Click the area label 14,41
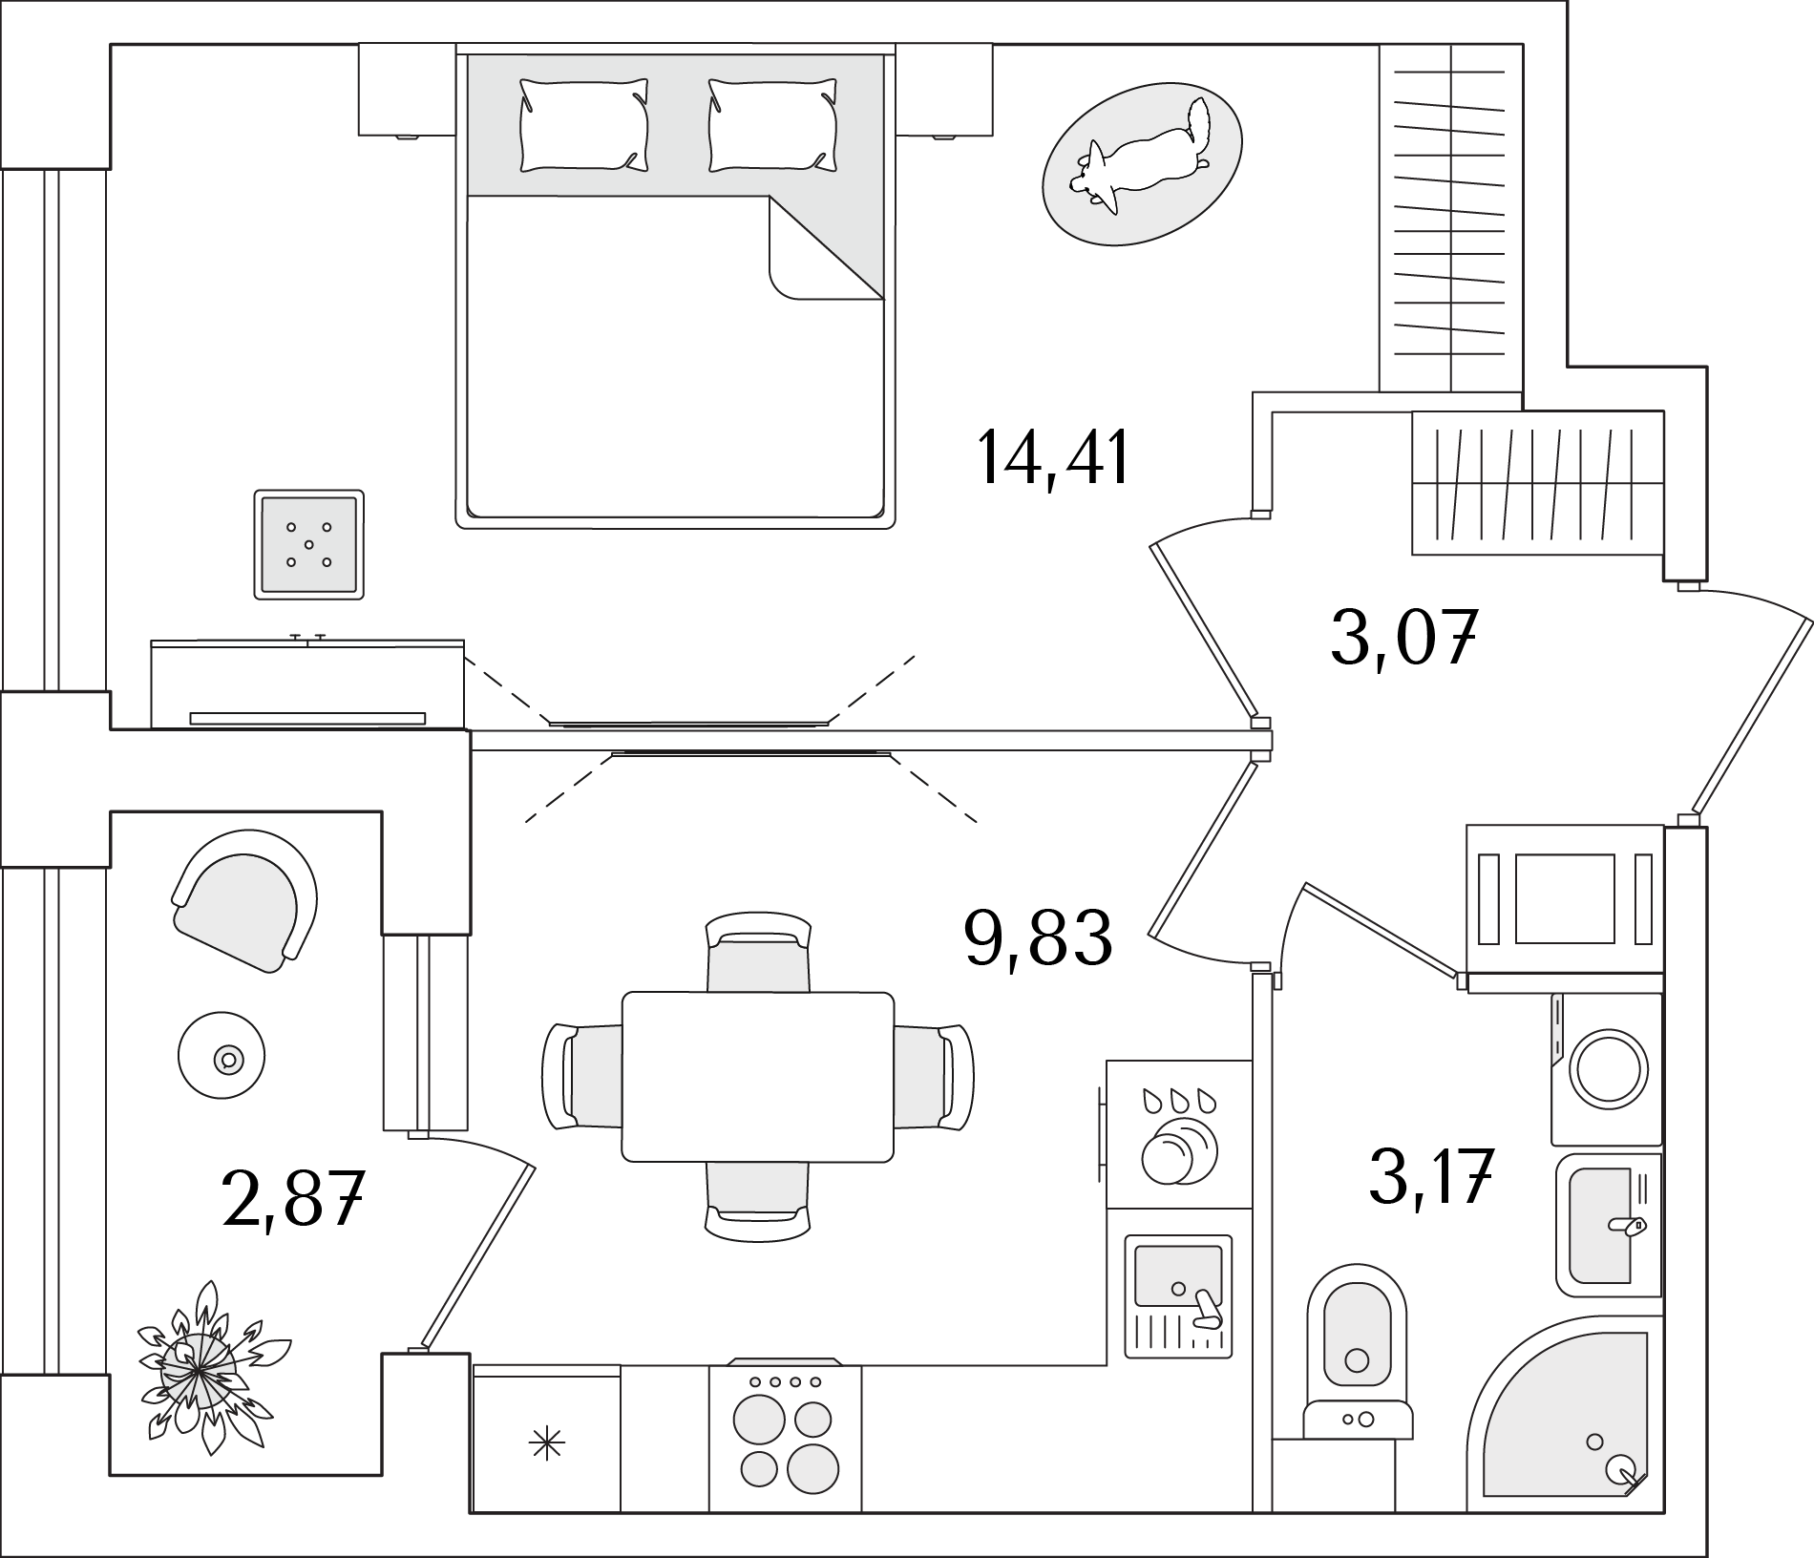[1052, 458]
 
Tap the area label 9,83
[1038, 937]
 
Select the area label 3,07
[1403, 638]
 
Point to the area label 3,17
[1430, 1176]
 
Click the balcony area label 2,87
[293, 1199]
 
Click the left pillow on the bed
[583, 125]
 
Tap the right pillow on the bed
[772, 125]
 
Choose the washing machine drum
[1609, 1068]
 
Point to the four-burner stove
[785, 1438]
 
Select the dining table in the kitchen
[758, 1076]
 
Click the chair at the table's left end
[580, 1076]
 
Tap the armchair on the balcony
[247, 898]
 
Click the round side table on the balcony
[221, 1055]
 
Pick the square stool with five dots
[308, 545]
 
